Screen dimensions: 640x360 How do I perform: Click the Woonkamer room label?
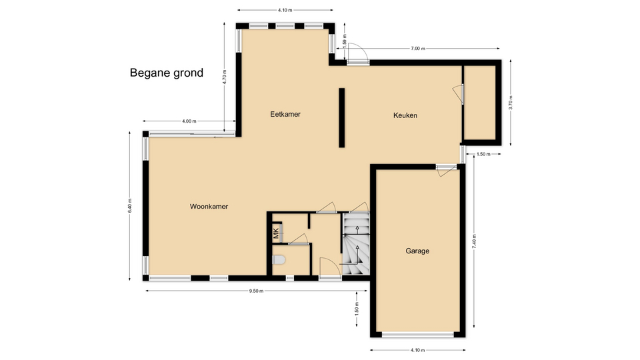tap(209, 207)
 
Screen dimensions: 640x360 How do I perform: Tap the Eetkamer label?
tap(285, 114)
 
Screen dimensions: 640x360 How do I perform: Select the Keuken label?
tap(405, 115)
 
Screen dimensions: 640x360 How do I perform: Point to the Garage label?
tap(417, 251)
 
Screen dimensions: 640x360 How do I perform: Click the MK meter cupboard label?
tap(276, 233)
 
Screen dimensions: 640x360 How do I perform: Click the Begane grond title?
tap(167, 73)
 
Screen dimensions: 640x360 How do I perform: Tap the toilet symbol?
tap(279, 259)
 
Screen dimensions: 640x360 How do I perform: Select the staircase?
tap(356, 245)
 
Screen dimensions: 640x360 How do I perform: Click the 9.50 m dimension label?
tap(256, 291)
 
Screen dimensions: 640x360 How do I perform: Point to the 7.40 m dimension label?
tap(474, 241)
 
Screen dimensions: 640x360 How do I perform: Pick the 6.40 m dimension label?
tap(130, 206)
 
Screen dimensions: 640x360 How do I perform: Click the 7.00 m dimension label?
tap(417, 49)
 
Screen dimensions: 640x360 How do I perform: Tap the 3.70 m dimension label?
tap(510, 103)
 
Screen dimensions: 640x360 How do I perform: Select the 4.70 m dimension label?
tap(224, 77)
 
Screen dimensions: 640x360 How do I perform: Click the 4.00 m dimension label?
tap(189, 121)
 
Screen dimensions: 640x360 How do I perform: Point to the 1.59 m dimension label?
tap(345, 41)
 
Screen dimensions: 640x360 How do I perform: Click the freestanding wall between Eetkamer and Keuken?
tap(341, 117)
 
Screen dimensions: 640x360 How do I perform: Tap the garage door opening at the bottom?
tap(418, 335)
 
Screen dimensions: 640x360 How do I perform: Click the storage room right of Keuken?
tap(480, 102)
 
